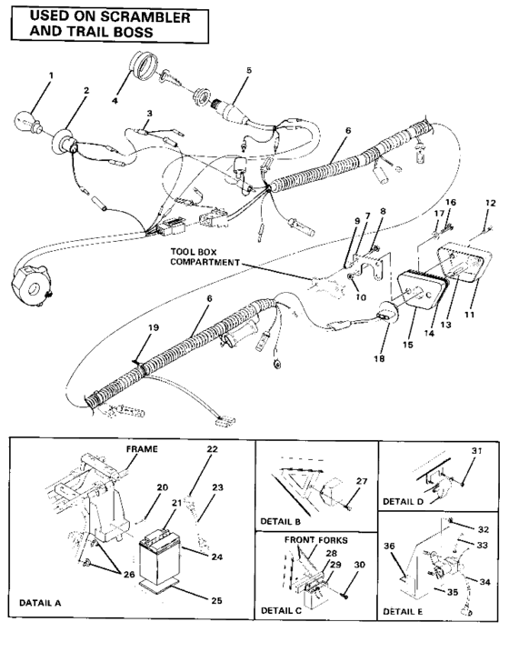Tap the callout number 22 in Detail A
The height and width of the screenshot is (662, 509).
[x=213, y=449]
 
